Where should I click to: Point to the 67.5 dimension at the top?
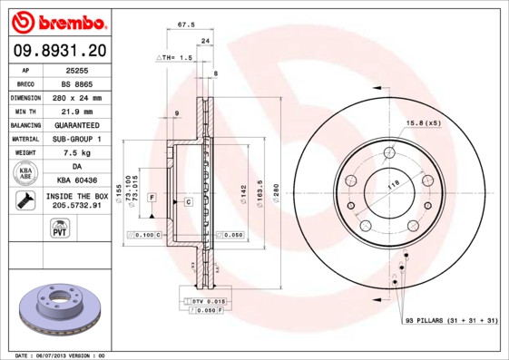pos(188,26)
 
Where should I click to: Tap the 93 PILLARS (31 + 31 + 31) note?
pos(450,320)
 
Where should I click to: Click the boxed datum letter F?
pos(152,197)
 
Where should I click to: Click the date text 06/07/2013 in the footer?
pos(55,355)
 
